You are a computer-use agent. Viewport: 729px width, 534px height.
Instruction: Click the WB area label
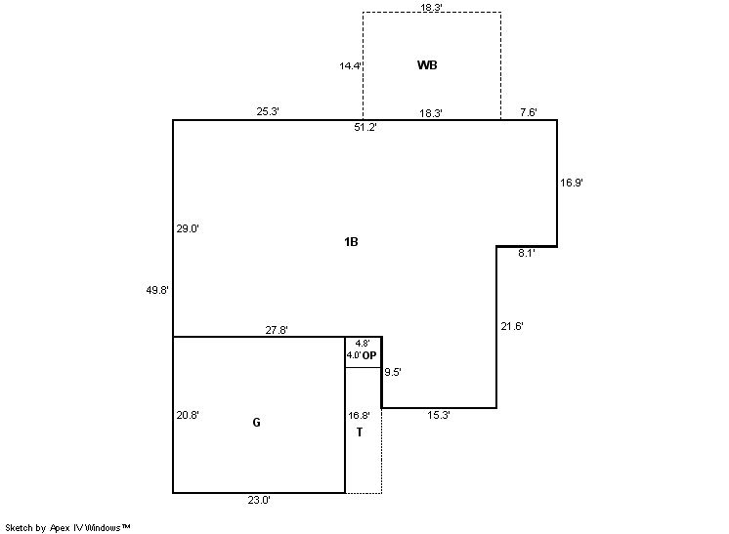(x=427, y=65)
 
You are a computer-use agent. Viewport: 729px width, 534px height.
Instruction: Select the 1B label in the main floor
(x=351, y=241)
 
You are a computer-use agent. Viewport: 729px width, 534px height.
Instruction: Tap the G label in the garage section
(x=256, y=422)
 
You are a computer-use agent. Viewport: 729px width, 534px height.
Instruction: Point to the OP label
(x=369, y=355)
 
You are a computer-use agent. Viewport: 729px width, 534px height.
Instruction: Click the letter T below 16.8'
(x=360, y=432)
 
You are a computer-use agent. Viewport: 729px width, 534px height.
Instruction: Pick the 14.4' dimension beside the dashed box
(x=350, y=66)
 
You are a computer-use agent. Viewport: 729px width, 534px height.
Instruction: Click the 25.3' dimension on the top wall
(x=268, y=111)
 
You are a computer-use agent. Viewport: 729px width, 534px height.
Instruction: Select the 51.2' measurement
(x=364, y=127)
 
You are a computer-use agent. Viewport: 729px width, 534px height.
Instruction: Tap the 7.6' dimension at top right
(x=529, y=112)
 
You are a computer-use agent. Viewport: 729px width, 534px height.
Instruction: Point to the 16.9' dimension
(x=572, y=183)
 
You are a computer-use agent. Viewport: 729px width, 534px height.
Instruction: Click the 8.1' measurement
(x=527, y=253)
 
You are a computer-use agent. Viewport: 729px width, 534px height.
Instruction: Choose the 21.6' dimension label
(x=512, y=326)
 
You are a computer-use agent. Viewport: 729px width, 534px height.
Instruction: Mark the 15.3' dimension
(x=439, y=415)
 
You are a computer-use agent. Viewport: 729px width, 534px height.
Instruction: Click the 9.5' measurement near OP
(x=393, y=372)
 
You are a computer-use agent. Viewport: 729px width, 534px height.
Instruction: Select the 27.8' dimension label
(x=277, y=330)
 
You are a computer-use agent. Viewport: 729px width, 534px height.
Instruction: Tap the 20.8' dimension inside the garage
(x=188, y=415)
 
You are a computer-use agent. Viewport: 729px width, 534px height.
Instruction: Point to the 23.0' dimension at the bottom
(x=259, y=500)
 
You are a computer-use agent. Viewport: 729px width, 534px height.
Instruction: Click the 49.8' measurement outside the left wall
(x=157, y=290)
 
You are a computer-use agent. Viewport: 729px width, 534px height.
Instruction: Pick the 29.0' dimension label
(x=188, y=228)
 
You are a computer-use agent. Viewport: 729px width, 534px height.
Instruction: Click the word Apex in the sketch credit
(x=60, y=528)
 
